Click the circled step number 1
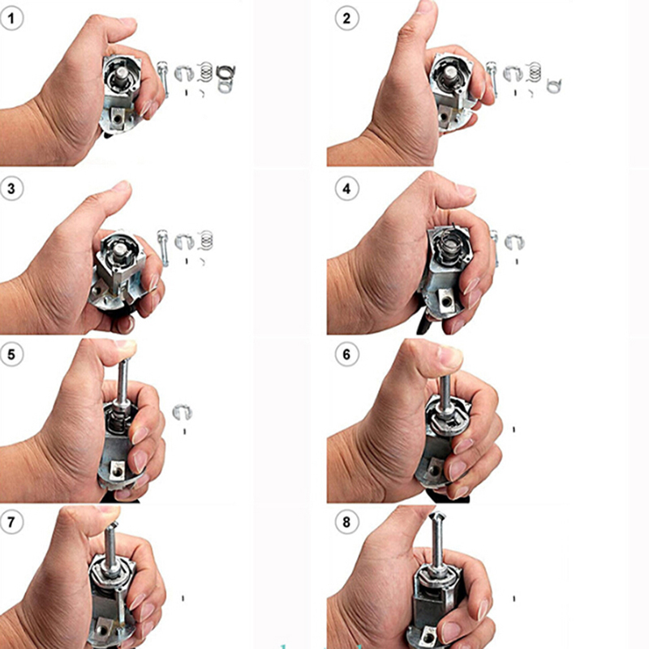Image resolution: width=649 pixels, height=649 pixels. coord(11,19)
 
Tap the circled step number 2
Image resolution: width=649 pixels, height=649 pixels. coord(346,19)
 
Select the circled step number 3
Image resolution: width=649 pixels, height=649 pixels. coord(11,189)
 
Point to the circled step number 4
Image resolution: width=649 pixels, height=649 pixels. coord(346,189)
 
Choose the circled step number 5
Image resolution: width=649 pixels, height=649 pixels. coord(11,355)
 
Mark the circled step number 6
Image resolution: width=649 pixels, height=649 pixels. coord(346,355)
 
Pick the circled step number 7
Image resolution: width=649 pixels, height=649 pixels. coord(11,522)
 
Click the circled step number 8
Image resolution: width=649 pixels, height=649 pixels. coord(346,522)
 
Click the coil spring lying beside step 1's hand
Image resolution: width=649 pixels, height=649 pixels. coord(205,71)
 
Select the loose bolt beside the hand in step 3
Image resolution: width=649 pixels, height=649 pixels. coord(163,247)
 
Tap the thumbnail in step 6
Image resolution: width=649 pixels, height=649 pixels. coord(449,355)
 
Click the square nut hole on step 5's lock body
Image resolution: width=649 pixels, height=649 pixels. coord(117,471)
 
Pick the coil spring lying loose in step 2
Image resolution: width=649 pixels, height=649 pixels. coord(535,71)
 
